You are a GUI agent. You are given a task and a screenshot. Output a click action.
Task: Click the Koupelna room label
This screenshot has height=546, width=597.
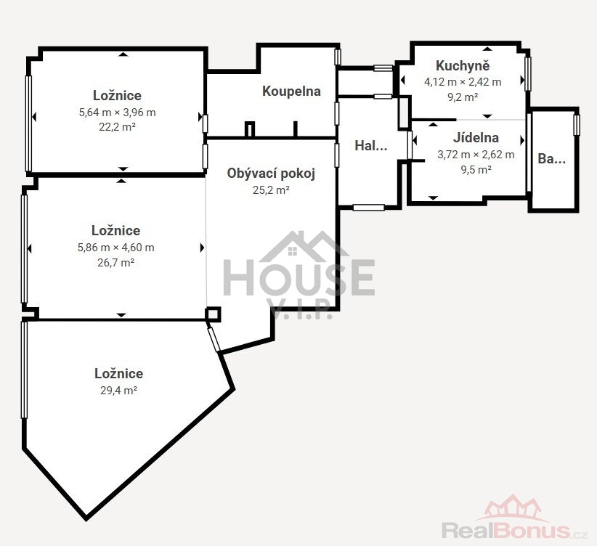coord(291,91)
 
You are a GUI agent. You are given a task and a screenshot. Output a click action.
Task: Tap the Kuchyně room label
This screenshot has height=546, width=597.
coord(463,65)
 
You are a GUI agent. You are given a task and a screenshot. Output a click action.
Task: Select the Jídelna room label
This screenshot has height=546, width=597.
coord(476,137)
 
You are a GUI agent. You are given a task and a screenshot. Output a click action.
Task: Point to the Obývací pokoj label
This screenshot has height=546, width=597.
coord(271,174)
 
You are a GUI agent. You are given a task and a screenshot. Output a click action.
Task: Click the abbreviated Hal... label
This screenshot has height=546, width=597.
coord(371,145)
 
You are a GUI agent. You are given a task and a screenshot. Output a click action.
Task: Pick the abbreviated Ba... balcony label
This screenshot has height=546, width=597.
coord(552,159)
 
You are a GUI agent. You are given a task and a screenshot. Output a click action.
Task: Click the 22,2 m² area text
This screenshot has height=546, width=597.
coord(117,127)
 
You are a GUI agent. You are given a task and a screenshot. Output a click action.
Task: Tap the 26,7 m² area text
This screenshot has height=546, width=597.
coord(115,262)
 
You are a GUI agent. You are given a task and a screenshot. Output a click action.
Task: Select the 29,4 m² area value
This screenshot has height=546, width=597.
coord(119,391)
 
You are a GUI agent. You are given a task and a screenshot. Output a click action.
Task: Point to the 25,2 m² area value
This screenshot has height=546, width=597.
coord(271,190)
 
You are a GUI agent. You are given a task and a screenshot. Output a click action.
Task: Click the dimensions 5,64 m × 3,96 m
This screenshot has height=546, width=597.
coord(117,113)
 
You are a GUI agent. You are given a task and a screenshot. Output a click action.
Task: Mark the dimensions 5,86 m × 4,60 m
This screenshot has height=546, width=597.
coord(115,248)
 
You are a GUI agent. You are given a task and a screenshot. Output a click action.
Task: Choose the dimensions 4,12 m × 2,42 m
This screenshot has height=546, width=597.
coord(463,82)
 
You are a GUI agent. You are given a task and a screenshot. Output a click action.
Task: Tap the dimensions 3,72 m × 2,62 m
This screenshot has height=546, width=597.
coord(476,155)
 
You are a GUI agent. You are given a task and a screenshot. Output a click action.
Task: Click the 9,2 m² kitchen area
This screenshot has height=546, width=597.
coord(463,97)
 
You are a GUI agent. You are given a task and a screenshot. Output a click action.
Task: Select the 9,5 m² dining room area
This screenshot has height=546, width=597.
coord(476,169)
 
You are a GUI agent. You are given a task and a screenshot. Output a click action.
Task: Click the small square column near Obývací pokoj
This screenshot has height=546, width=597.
coord(213,314)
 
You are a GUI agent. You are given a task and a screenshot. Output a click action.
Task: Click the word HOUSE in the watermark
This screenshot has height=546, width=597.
coord(299,277)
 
